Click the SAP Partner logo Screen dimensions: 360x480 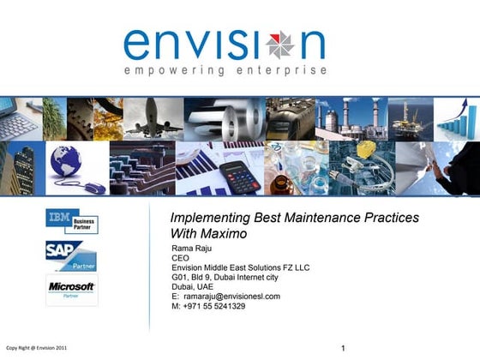tap(72, 255)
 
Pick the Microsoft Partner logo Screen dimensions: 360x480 tap(72, 289)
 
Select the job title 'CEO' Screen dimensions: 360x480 tap(181, 258)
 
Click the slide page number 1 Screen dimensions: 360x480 tap(343, 348)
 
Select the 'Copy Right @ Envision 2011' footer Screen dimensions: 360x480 tap(36, 348)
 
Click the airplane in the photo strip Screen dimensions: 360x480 tap(153, 119)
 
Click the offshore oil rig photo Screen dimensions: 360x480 tap(410, 119)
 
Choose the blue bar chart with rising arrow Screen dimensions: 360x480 tap(457, 119)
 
